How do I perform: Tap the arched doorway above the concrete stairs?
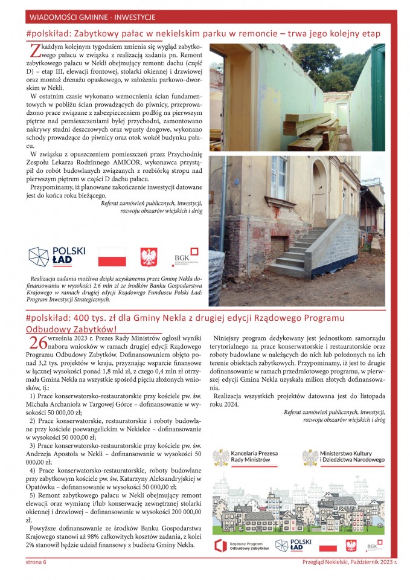click(x=319, y=193)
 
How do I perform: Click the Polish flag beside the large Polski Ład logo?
click(x=112, y=257)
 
